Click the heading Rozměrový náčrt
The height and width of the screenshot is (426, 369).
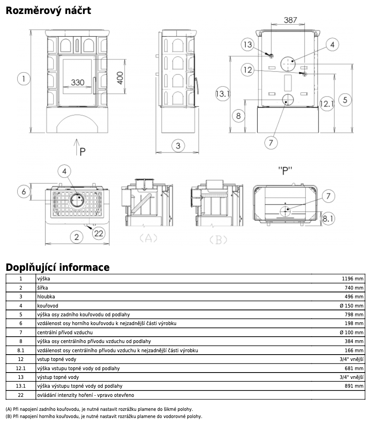click(48, 10)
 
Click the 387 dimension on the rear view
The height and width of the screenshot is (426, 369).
click(290, 20)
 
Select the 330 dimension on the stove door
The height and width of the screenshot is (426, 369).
click(77, 83)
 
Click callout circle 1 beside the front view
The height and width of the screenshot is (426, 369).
click(24, 79)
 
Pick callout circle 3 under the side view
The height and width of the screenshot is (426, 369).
click(178, 146)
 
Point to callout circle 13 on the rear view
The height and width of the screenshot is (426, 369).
click(248, 44)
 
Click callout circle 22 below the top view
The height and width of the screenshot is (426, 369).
click(98, 233)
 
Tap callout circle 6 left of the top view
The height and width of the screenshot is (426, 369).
click(24, 191)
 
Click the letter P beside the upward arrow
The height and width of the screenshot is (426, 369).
click(83, 152)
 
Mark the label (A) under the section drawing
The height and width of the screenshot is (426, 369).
click(148, 239)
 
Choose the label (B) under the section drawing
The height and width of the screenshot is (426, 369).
click(218, 239)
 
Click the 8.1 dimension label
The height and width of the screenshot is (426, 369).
click(328, 218)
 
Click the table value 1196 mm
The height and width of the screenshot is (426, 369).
click(353, 279)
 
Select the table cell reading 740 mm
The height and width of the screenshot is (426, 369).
click(354, 288)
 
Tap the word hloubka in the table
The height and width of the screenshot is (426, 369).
click(46, 297)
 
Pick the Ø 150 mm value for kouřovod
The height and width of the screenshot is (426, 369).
click(352, 306)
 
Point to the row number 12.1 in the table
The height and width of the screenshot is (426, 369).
click(21, 368)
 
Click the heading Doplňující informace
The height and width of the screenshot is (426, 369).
click(57, 267)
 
